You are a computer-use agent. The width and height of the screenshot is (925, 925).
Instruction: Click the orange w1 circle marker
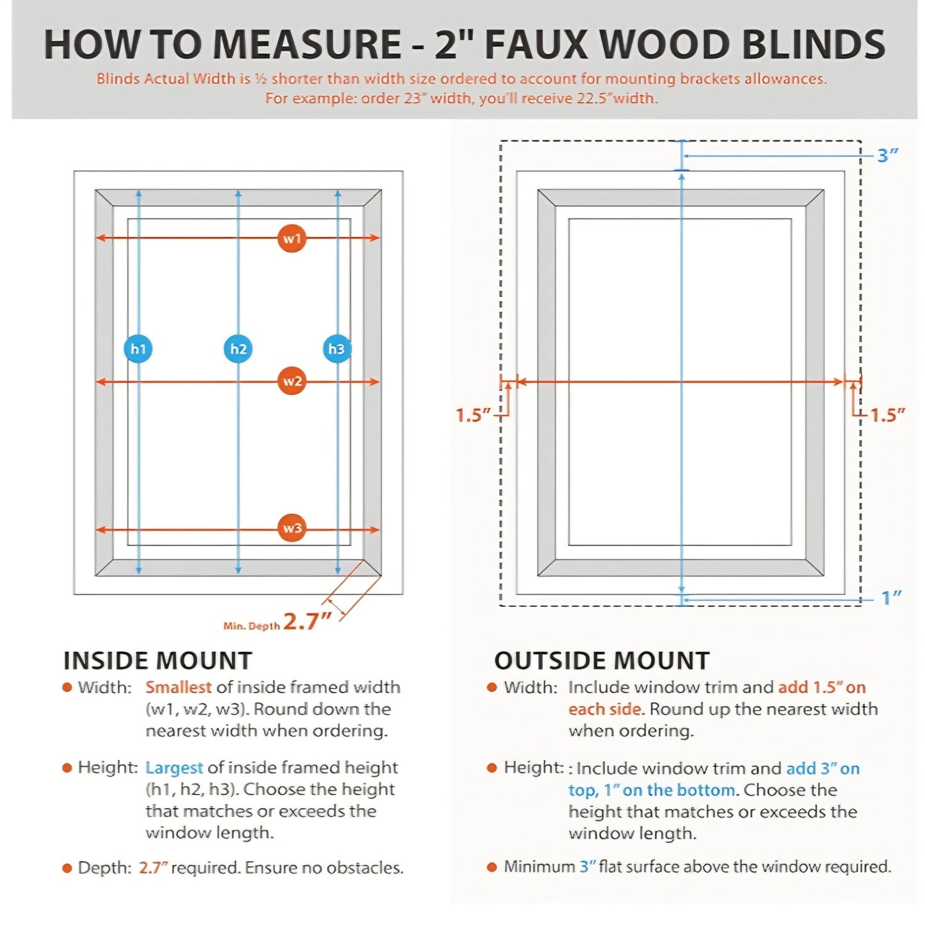(292, 239)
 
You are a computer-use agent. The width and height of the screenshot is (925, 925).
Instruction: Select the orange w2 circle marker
(292, 382)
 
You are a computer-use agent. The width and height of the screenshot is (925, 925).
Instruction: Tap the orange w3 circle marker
(292, 528)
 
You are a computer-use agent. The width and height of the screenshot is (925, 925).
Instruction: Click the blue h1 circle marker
(138, 349)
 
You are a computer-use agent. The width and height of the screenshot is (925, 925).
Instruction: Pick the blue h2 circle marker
(238, 349)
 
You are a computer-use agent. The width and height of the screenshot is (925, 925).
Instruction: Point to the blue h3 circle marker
(337, 349)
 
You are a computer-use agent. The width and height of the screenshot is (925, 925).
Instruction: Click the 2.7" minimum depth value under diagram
(307, 621)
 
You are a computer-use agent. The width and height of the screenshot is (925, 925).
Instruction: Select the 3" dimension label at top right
(888, 156)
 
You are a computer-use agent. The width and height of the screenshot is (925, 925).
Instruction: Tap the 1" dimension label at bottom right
(891, 599)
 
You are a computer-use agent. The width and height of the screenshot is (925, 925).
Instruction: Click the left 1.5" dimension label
(472, 415)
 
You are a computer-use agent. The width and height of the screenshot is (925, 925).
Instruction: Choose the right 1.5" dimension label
(887, 415)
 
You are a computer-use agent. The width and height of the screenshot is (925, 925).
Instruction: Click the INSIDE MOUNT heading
(157, 661)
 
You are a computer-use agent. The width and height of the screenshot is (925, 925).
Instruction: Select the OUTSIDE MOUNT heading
(602, 661)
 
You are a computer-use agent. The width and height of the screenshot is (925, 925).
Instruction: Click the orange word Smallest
(178, 688)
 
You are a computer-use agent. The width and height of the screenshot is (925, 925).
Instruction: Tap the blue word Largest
(174, 768)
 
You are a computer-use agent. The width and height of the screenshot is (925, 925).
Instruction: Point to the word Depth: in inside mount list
(104, 868)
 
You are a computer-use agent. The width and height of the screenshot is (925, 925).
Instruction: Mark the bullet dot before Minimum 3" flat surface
(492, 867)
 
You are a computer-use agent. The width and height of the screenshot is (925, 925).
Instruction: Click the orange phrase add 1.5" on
(822, 688)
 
